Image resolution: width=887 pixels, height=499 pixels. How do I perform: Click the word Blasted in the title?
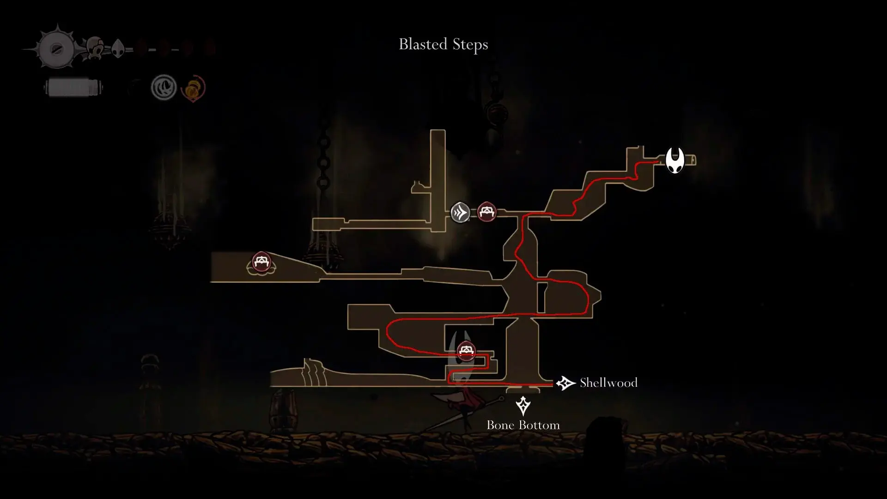[x=423, y=44]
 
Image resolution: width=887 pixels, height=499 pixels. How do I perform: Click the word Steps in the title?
[x=470, y=45]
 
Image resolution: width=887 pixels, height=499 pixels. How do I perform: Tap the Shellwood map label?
[x=608, y=383]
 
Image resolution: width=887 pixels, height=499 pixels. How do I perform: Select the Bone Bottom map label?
[x=523, y=425]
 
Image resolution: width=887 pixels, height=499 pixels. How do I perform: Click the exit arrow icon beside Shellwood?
[x=565, y=383]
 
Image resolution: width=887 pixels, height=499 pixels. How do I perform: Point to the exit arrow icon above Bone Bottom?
[x=523, y=406]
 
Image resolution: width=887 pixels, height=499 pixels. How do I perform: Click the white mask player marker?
[x=674, y=160]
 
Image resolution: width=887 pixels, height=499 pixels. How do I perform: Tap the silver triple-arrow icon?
[x=460, y=213]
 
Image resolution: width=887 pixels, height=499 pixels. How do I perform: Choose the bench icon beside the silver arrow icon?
[x=486, y=212]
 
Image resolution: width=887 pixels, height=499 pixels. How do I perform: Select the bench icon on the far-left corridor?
[x=261, y=262]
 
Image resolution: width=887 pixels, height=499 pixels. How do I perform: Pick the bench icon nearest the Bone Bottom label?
[x=466, y=351]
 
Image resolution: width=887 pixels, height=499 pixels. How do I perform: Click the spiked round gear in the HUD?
[x=56, y=49]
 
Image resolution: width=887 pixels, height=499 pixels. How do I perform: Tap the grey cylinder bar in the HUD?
[x=73, y=87]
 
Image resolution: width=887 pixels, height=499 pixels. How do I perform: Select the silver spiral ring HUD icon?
[x=164, y=87]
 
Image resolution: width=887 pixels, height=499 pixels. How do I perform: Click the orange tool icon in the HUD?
[x=193, y=88]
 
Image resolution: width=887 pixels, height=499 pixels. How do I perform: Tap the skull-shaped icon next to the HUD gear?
[x=96, y=48]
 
